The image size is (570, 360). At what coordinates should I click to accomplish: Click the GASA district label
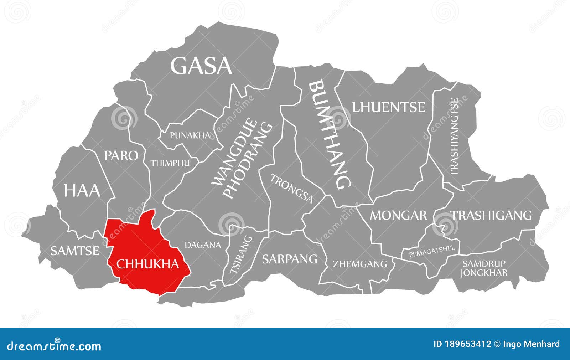201,66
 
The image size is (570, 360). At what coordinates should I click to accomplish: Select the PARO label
121,155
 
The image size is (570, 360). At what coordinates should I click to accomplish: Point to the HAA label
82,191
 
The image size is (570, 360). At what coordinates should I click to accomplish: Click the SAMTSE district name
75,251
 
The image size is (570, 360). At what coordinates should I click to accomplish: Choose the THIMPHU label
170,163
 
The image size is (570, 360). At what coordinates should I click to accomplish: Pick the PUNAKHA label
190,135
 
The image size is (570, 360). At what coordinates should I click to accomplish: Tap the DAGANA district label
203,245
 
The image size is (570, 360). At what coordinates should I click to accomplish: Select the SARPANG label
290,259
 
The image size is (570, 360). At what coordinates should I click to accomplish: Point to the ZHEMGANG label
360,264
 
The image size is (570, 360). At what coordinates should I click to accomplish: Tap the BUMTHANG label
330,135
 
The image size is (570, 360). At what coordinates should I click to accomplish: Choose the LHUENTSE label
389,107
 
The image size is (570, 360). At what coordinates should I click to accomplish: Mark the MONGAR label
398,215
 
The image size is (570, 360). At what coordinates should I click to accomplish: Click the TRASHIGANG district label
491,215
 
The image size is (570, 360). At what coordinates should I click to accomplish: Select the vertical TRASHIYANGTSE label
455,137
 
